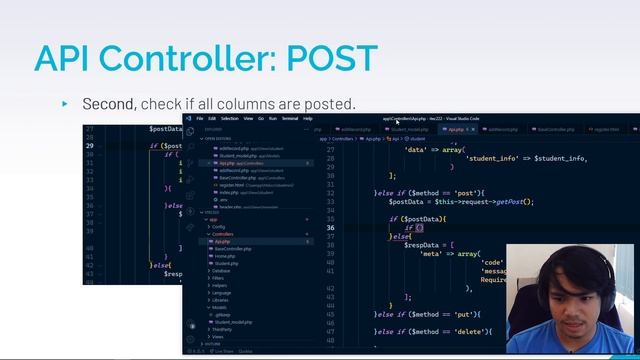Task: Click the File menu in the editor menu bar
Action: (x=200, y=118)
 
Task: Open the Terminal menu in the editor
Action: (x=289, y=118)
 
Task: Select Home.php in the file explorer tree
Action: (x=224, y=256)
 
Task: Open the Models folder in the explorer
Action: (x=220, y=307)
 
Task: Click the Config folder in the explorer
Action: (x=219, y=226)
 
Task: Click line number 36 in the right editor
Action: (x=330, y=228)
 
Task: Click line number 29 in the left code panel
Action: (x=90, y=146)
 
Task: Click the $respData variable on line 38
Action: (x=420, y=245)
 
